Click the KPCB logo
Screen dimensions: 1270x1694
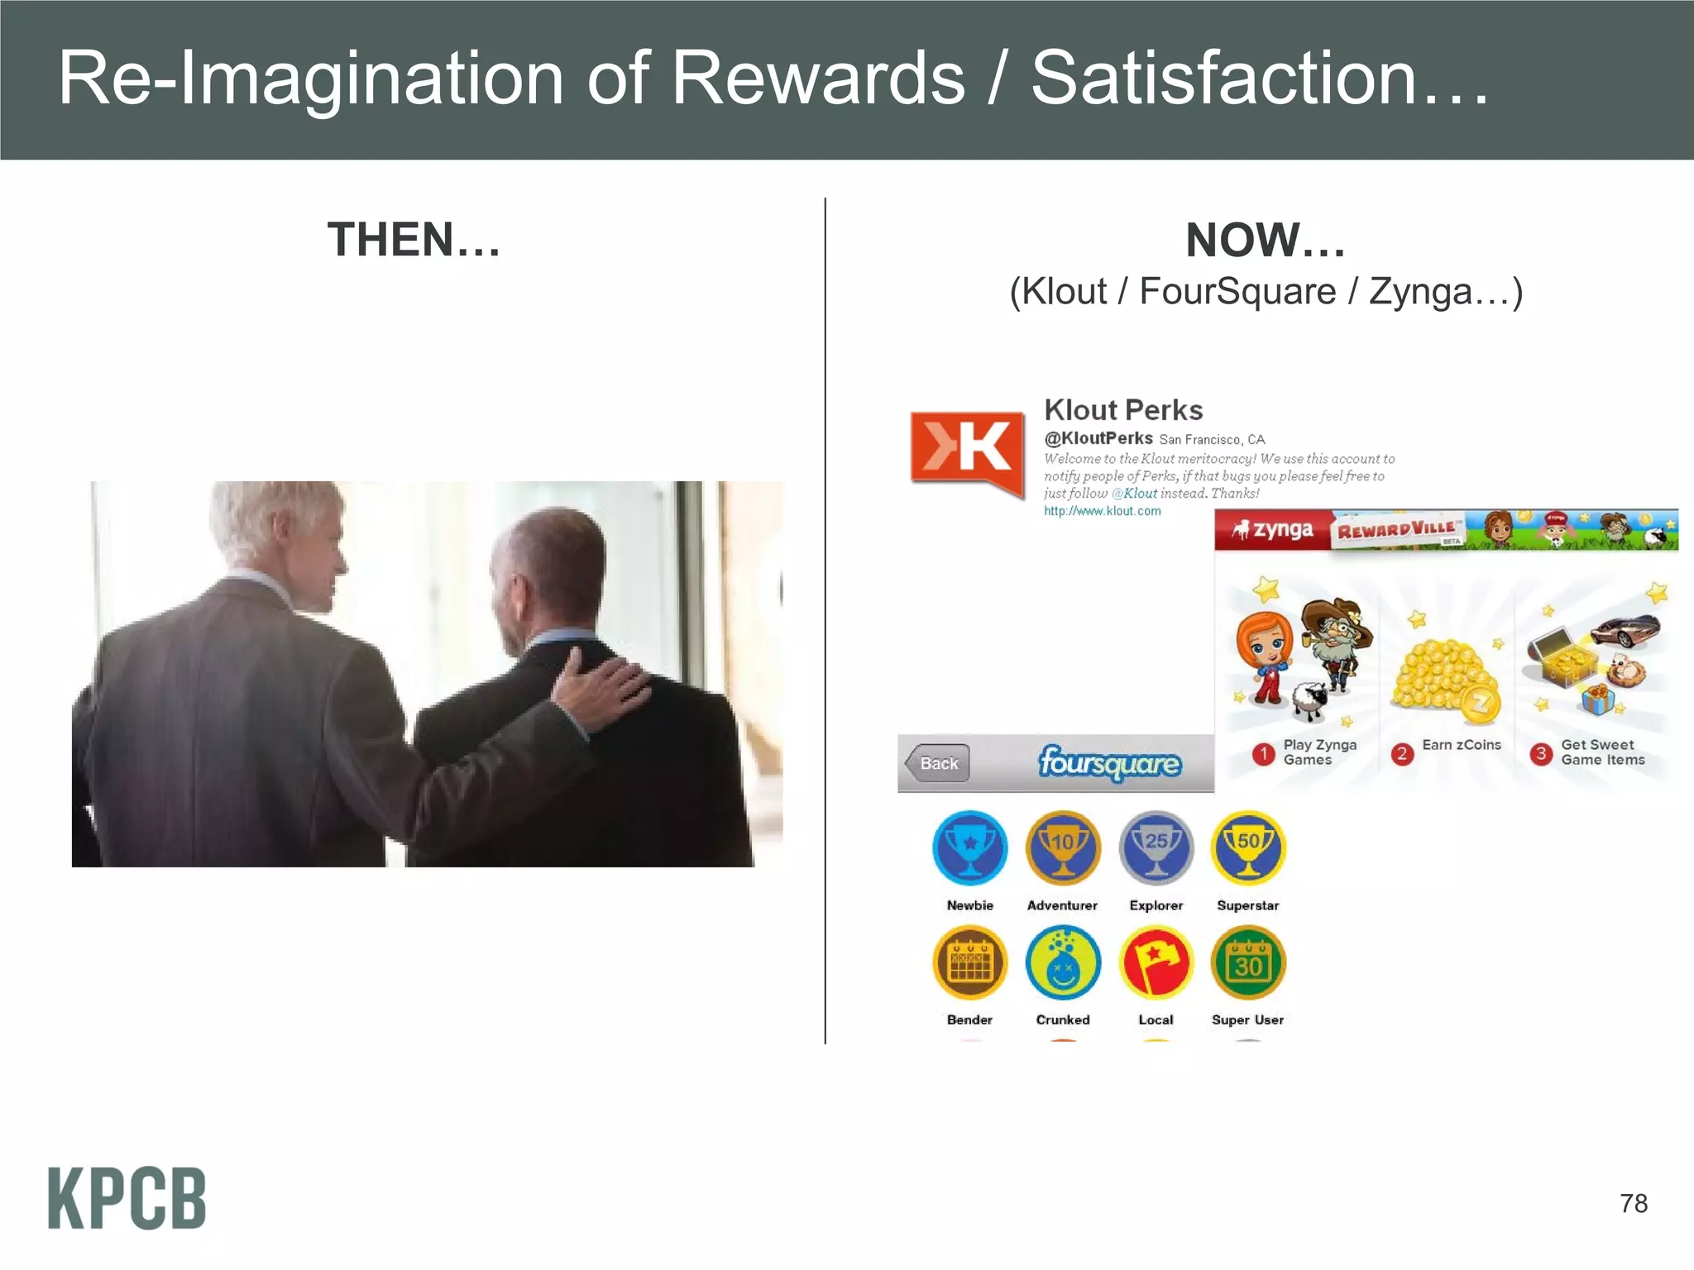(127, 1198)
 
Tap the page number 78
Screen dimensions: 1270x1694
(1633, 1203)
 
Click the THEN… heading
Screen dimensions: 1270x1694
(414, 240)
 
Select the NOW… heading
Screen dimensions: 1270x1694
(1266, 240)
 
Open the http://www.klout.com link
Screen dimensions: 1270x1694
(1102, 511)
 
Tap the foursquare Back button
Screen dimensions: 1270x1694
(937, 763)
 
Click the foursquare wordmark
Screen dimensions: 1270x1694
(1110, 763)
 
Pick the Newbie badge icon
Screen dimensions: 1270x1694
(969, 848)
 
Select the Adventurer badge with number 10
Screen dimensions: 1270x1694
(1063, 848)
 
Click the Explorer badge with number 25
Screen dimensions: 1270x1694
(1156, 848)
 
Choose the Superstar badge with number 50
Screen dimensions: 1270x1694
(1248, 848)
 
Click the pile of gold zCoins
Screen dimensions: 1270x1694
(1443, 674)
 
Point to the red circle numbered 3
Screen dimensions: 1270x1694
(1541, 753)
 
